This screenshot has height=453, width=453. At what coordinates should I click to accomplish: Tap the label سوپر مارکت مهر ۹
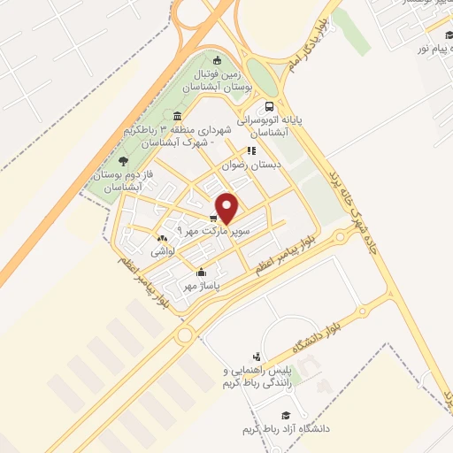point(213,230)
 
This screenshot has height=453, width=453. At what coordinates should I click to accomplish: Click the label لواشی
point(164,252)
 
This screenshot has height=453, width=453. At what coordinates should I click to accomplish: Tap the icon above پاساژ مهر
point(203,273)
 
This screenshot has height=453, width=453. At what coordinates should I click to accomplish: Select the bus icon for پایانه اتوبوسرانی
point(269,106)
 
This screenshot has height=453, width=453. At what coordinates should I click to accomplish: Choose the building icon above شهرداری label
point(178,118)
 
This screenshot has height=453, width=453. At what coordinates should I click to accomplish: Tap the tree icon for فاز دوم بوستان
point(122,160)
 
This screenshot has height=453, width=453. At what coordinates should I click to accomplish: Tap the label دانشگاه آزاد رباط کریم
point(285,429)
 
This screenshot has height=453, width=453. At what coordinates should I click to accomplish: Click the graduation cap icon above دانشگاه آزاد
point(285,415)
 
